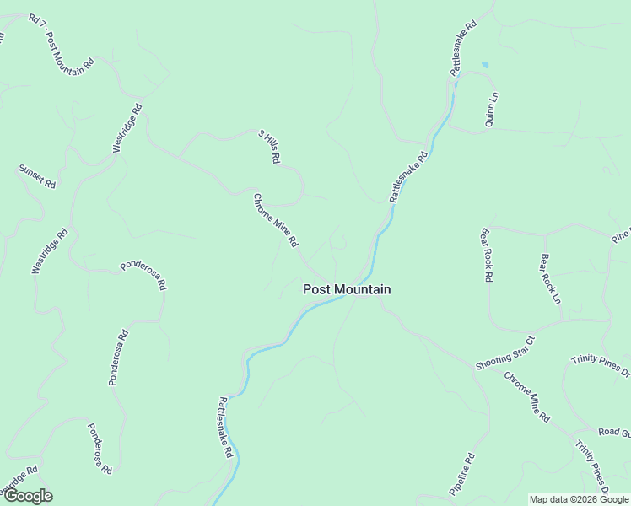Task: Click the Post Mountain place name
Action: click(x=347, y=289)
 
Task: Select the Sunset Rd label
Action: click(x=37, y=176)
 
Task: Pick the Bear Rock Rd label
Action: click(x=486, y=254)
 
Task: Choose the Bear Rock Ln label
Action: click(x=550, y=278)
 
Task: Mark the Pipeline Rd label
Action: click(x=462, y=475)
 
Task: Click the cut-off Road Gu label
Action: click(x=614, y=433)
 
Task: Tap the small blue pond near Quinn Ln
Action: click(x=484, y=64)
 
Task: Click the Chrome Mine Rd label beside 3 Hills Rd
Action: click(x=276, y=220)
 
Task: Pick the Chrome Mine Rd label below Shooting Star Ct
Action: click(x=527, y=396)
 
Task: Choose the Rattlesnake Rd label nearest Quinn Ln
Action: click(x=463, y=48)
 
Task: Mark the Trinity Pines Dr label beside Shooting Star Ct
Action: click(x=601, y=363)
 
